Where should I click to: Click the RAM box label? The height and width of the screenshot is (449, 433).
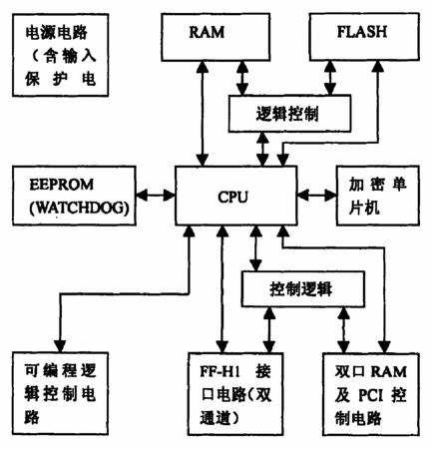(x=207, y=32)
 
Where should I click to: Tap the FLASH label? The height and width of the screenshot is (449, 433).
(x=362, y=32)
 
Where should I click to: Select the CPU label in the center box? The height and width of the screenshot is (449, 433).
(x=232, y=197)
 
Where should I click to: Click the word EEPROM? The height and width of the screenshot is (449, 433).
(x=62, y=185)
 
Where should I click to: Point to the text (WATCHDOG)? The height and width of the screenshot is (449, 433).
(x=79, y=208)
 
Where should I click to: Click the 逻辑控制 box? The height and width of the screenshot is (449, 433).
(x=289, y=114)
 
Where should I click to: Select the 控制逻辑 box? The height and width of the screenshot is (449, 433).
(x=302, y=288)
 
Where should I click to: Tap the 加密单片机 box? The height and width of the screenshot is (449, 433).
(x=378, y=196)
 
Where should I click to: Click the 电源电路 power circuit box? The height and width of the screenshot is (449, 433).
(x=61, y=55)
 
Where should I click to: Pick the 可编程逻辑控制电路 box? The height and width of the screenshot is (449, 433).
(x=61, y=393)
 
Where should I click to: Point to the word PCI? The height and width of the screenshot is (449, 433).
(x=371, y=395)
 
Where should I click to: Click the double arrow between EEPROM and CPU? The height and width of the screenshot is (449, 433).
(x=156, y=196)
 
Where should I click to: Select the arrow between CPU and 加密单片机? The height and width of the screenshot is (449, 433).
(x=317, y=196)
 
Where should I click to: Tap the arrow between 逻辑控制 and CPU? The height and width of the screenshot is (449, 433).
(x=262, y=149)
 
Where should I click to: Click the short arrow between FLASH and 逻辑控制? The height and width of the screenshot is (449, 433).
(x=330, y=78)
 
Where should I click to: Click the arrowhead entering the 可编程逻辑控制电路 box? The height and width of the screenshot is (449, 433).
(x=61, y=346)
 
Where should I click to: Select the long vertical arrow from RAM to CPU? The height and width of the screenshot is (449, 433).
(x=203, y=114)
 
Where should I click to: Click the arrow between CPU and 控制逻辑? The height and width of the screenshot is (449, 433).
(x=255, y=248)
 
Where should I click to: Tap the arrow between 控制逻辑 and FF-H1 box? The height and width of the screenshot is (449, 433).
(x=268, y=329)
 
